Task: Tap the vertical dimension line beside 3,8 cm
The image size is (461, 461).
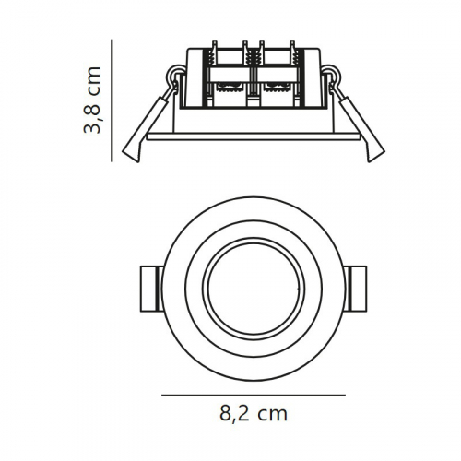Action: [112, 100]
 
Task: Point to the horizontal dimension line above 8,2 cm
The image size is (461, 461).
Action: [253, 395]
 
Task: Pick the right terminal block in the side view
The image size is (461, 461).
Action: [276, 78]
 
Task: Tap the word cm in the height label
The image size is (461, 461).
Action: [93, 84]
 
